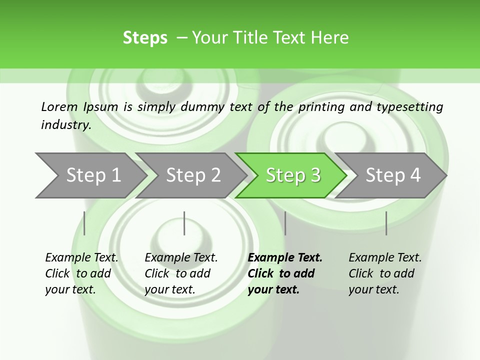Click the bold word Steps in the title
pos(145,37)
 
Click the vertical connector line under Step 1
pos(84,223)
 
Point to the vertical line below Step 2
pos(184,223)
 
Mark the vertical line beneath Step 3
pos(285,223)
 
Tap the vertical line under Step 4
pos(386,223)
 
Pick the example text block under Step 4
pos(385,273)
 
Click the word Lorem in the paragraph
pos(59,106)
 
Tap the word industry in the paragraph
pos(65,125)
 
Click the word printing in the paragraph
pos(320,106)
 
